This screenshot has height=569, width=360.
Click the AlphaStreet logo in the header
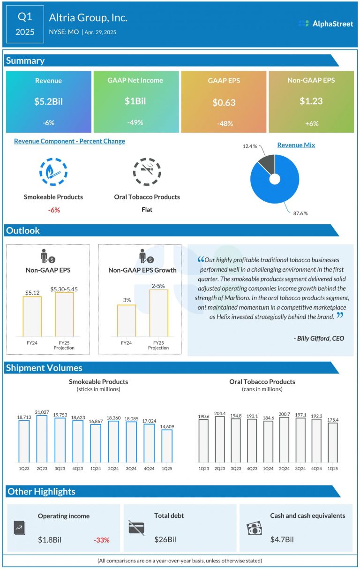(x=325, y=23)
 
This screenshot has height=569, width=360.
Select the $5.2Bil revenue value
(x=48, y=101)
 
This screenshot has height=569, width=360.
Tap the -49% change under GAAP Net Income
(x=135, y=122)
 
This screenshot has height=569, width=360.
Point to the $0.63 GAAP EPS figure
(x=224, y=103)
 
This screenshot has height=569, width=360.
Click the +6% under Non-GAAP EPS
(x=311, y=123)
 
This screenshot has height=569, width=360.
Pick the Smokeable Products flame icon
(x=53, y=172)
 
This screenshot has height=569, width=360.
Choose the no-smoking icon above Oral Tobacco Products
(x=147, y=172)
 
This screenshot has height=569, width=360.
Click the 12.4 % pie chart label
(x=250, y=146)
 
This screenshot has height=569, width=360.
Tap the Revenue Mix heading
(x=296, y=145)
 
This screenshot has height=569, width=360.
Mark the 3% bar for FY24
(x=127, y=320)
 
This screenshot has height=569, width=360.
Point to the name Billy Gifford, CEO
(x=318, y=338)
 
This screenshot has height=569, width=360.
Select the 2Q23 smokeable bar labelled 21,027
(x=42, y=439)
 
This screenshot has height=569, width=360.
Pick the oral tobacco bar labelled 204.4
(x=219, y=439)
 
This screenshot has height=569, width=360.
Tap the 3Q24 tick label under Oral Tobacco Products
(x=300, y=469)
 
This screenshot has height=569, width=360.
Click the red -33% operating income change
(x=101, y=540)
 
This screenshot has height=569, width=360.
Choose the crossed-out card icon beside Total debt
(x=136, y=527)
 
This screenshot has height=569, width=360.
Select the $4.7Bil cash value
(x=282, y=540)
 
